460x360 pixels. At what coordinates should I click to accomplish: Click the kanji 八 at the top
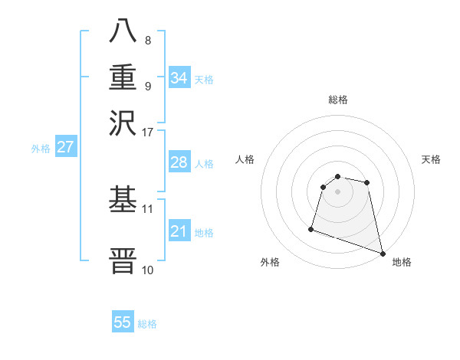click(x=123, y=31)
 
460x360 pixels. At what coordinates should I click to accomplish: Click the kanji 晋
click(x=123, y=260)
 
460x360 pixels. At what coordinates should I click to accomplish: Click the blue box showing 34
click(x=179, y=77)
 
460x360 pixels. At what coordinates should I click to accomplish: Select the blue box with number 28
click(x=179, y=162)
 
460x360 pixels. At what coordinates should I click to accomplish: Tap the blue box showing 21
click(x=179, y=231)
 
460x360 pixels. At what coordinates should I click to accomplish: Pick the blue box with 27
click(x=65, y=147)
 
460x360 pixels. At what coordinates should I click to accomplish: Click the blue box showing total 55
click(x=123, y=322)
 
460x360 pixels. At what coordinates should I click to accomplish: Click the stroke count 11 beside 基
click(x=147, y=208)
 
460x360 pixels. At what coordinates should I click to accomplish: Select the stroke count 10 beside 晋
click(x=147, y=269)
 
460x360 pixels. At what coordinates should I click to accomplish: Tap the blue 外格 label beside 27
click(x=40, y=149)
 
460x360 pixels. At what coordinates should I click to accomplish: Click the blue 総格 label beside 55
click(x=147, y=324)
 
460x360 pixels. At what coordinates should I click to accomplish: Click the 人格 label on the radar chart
click(x=245, y=159)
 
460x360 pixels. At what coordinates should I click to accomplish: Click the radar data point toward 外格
click(x=311, y=228)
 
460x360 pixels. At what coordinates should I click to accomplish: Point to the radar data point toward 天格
click(x=367, y=182)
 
